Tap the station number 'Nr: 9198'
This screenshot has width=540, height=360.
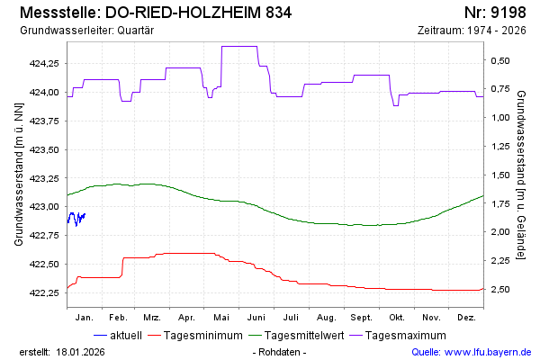[x=494, y=14]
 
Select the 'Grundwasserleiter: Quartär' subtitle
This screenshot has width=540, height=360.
[x=85, y=31]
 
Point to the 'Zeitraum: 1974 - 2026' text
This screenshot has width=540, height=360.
[x=472, y=31]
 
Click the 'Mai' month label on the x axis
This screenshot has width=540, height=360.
[x=221, y=318]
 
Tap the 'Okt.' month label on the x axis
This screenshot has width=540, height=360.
[x=396, y=318]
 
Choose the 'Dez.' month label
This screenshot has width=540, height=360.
[x=466, y=318]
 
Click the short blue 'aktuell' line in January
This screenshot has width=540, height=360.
[x=76, y=218]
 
